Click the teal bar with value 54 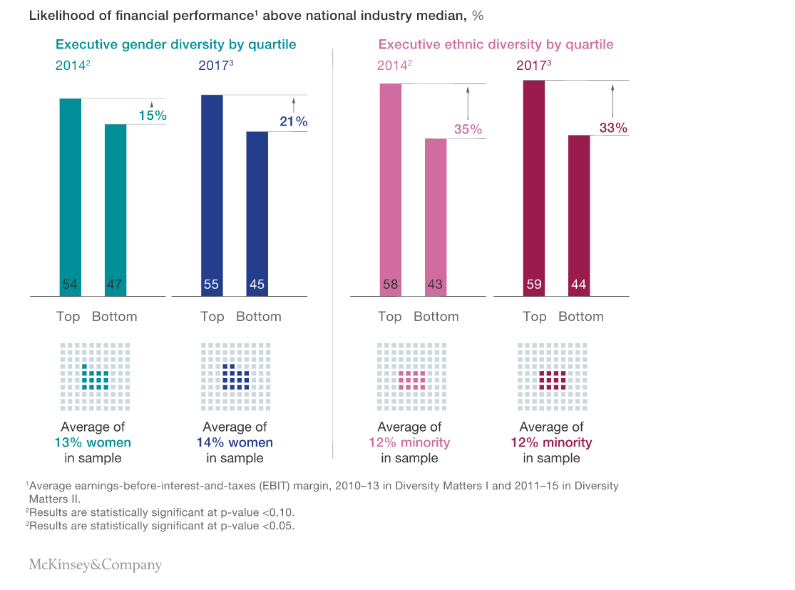pos(70,196)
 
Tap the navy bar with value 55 pos(212,195)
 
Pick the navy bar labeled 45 pos(257,213)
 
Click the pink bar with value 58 pos(390,189)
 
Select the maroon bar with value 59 pos(533,188)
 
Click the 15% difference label pos(152,115)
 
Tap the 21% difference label pos(293,122)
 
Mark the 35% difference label pos(468,130)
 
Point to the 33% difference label pos(613,128)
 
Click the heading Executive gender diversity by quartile pos(175,44)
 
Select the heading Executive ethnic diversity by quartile pos(496,44)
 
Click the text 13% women pos(93,442)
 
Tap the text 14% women pos(235,442)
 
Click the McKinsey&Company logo pos(95,565)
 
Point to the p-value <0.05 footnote pos(160,526)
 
